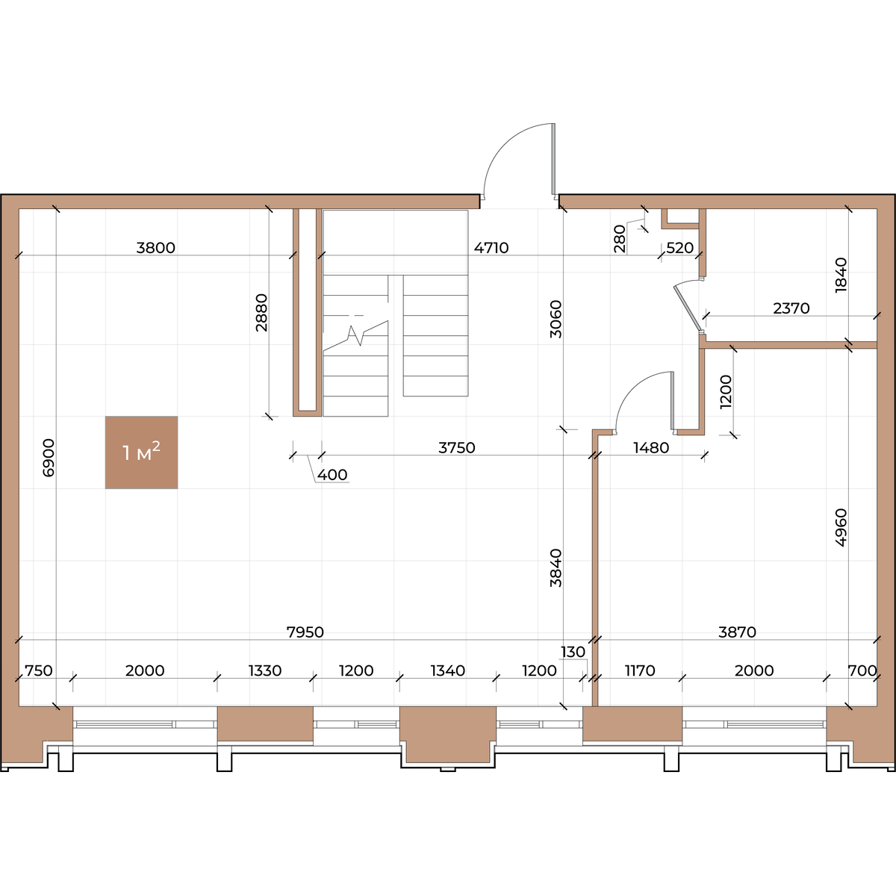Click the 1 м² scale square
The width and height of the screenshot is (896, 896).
(141, 452)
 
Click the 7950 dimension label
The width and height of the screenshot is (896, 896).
(305, 632)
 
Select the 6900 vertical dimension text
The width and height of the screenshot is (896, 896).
(49, 458)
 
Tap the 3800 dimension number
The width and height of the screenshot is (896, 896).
(156, 248)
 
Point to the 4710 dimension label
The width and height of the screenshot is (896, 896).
(491, 248)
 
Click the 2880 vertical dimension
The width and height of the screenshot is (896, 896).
(262, 312)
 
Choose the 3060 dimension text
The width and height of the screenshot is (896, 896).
(556, 319)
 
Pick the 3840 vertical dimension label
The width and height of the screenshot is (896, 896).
(556, 568)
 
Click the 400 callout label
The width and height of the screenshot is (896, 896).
(332, 475)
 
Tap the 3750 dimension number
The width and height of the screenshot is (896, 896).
(457, 448)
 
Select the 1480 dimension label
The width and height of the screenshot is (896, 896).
(651, 448)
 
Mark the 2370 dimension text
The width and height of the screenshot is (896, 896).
(791, 308)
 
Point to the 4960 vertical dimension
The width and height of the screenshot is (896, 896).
(841, 528)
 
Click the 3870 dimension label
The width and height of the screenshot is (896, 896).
(738, 632)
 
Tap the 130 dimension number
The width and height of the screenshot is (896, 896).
(573, 652)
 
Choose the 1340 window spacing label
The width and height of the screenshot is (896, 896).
(448, 671)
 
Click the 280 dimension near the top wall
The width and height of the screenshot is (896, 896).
(620, 238)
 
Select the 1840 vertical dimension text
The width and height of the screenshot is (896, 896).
(841, 276)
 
